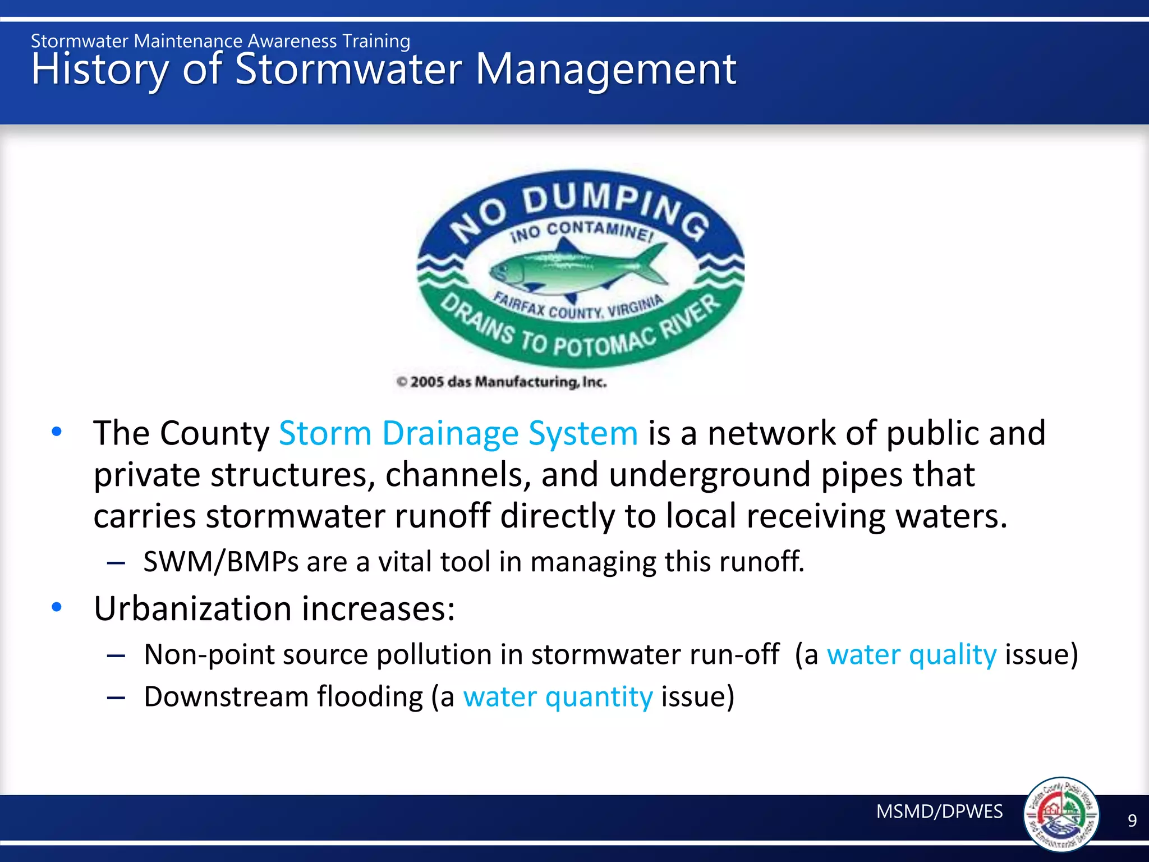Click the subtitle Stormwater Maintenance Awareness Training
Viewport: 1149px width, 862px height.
click(220, 41)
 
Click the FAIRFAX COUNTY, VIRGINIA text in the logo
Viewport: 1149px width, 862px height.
click(578, 306)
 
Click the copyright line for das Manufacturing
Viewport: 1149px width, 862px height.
click(502, 382)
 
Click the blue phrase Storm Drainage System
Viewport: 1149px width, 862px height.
click(458, 433)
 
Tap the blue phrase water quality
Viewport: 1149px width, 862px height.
click(911, 655)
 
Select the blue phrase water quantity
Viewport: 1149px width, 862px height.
click(558, 697)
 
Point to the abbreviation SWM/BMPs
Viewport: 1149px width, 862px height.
click(220, 562)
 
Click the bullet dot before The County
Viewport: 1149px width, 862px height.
click(57, 432)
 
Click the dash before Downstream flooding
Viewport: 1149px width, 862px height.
click(116, 698)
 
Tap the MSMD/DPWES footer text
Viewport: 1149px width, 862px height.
click(939, 811)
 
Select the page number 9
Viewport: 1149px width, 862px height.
click(1132, 821)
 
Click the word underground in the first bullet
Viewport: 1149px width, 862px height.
click(709, 475)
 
